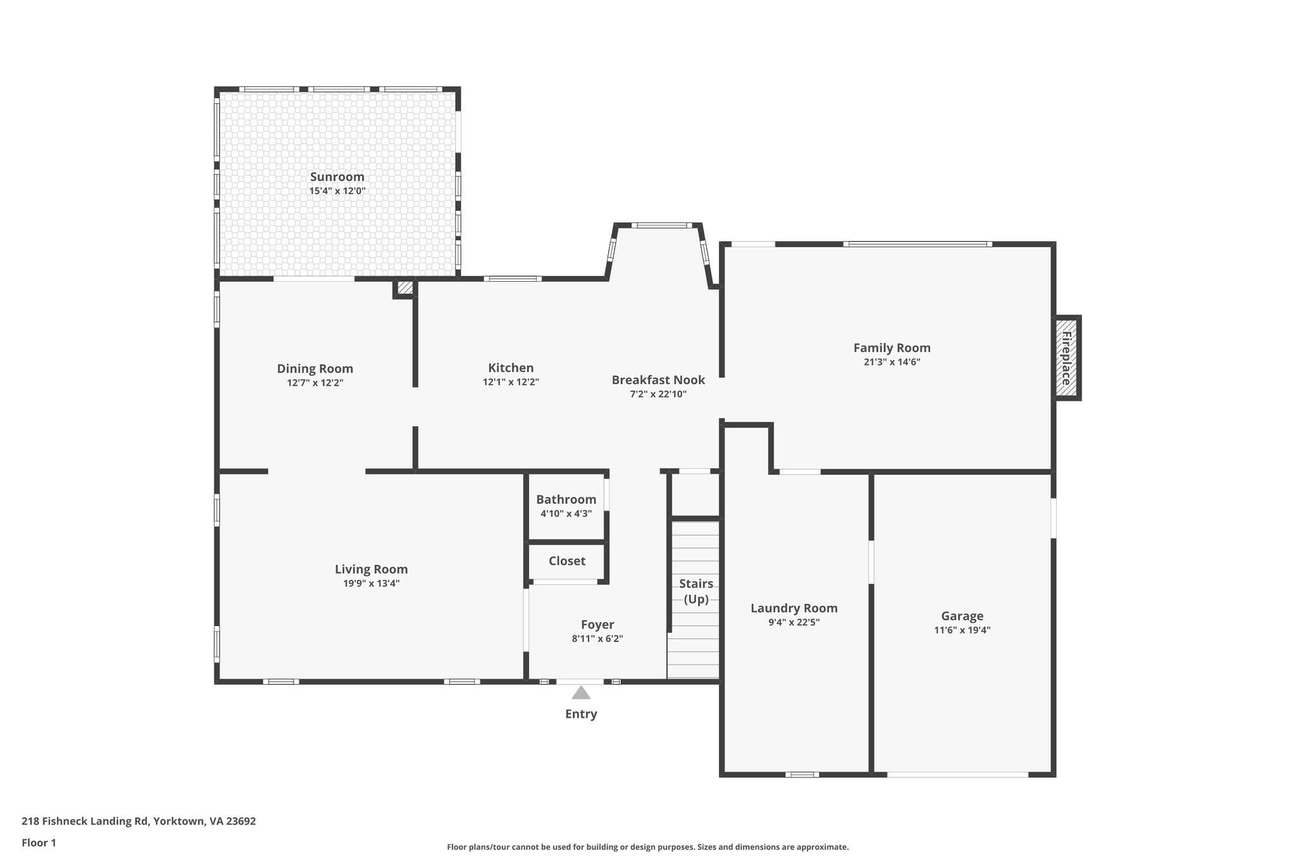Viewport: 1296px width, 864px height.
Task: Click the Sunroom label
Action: pos(337,177)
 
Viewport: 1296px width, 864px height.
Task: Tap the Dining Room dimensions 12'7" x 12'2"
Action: pos(315,383)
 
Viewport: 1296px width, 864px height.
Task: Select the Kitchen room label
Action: pos(511,368)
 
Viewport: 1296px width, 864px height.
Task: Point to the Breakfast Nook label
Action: pos(658,380)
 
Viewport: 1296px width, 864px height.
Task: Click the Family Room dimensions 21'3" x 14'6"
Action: pos(892,362)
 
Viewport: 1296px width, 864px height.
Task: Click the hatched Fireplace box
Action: pos(1066,358)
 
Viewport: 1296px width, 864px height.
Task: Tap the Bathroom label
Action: pos(566,499)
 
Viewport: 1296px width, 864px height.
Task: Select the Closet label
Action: pos(567,561)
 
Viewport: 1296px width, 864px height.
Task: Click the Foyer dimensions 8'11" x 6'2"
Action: pos(597,639)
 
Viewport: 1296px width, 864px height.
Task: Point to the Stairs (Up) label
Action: pos(696,591)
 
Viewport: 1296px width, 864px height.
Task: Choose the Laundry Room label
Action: pos(794,608)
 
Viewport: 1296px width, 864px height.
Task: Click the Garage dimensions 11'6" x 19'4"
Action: pos(962,630)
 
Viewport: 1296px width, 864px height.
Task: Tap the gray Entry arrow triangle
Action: pos(581,693)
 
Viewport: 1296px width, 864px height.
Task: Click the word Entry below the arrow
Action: pos(581,714)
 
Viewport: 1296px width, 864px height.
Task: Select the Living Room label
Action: pos(371,569)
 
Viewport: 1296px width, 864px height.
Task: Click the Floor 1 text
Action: pos(39,842)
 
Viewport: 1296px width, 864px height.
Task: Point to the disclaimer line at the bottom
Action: pos(647,847)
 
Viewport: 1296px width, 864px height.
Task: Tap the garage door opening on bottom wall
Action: pos(957,773)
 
